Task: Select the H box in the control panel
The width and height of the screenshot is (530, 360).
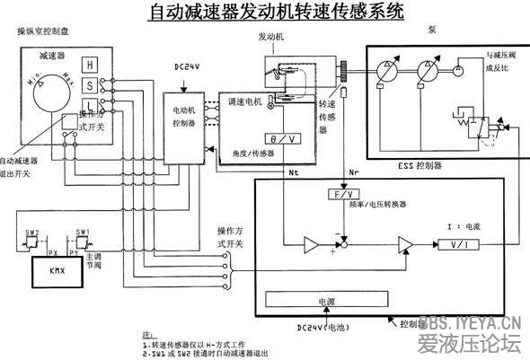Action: coord(90,64)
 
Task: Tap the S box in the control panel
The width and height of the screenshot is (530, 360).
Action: coord(90,85)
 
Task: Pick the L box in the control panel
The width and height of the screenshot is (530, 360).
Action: coord(90,106)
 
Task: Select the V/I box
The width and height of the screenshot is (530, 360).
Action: coord(459,243)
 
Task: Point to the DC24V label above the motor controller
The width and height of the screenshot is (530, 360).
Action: coord(187,67)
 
